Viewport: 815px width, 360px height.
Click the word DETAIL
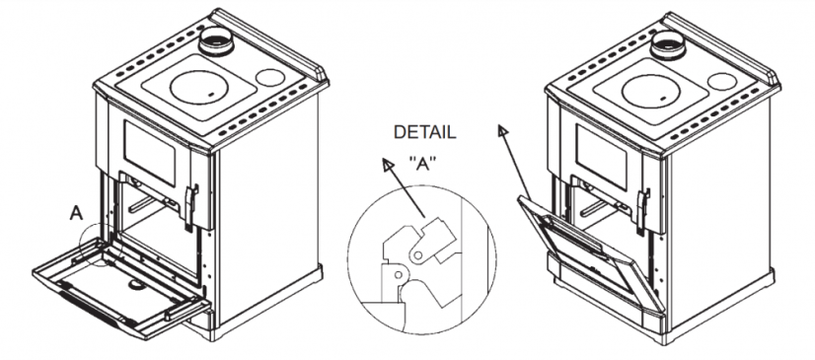pos(424,132)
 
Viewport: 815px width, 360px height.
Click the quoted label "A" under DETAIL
pos(422,164)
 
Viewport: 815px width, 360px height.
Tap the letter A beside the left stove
pos(76,213)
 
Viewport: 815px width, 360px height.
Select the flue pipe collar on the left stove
pos(215,40)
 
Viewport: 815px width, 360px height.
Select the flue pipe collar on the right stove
pos(667,44)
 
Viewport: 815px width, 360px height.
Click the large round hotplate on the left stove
pos(199,86)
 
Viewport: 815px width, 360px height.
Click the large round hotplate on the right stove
pos(651,91)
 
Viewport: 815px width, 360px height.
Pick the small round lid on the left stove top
pos(270,77)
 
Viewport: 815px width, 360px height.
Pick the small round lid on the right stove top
pos(722,82)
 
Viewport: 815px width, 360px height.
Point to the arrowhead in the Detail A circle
pos(387,165)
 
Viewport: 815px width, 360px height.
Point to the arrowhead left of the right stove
pos(502,130)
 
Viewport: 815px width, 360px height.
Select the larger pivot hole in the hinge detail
pos(417,255)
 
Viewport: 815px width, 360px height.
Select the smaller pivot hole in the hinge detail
pos(399,274)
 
